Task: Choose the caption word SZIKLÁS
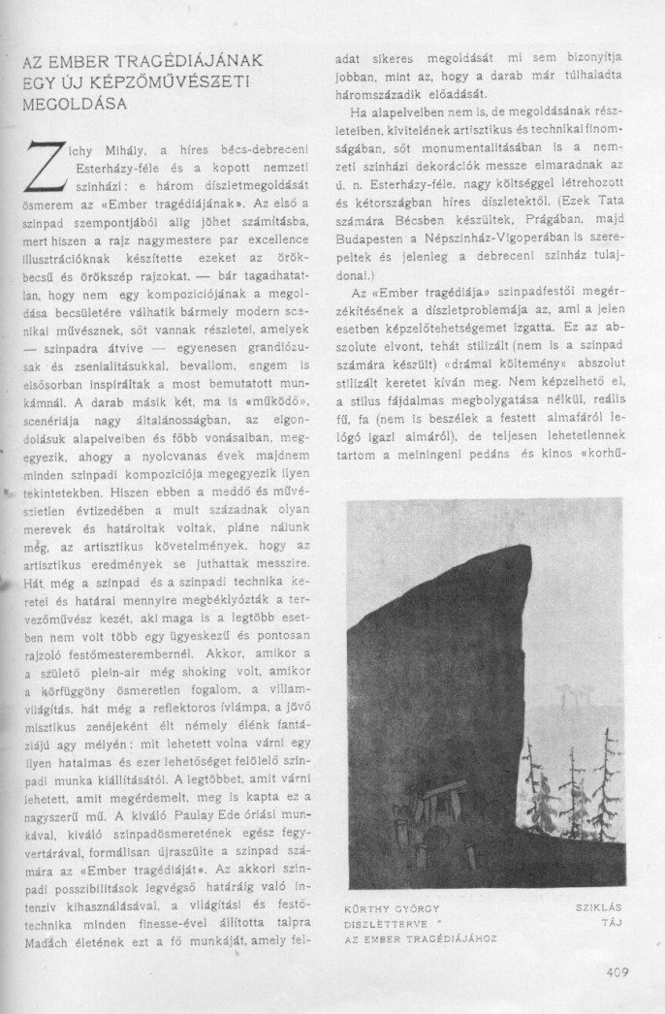[x=597, y=907]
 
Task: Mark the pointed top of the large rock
[x=524, y=549]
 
